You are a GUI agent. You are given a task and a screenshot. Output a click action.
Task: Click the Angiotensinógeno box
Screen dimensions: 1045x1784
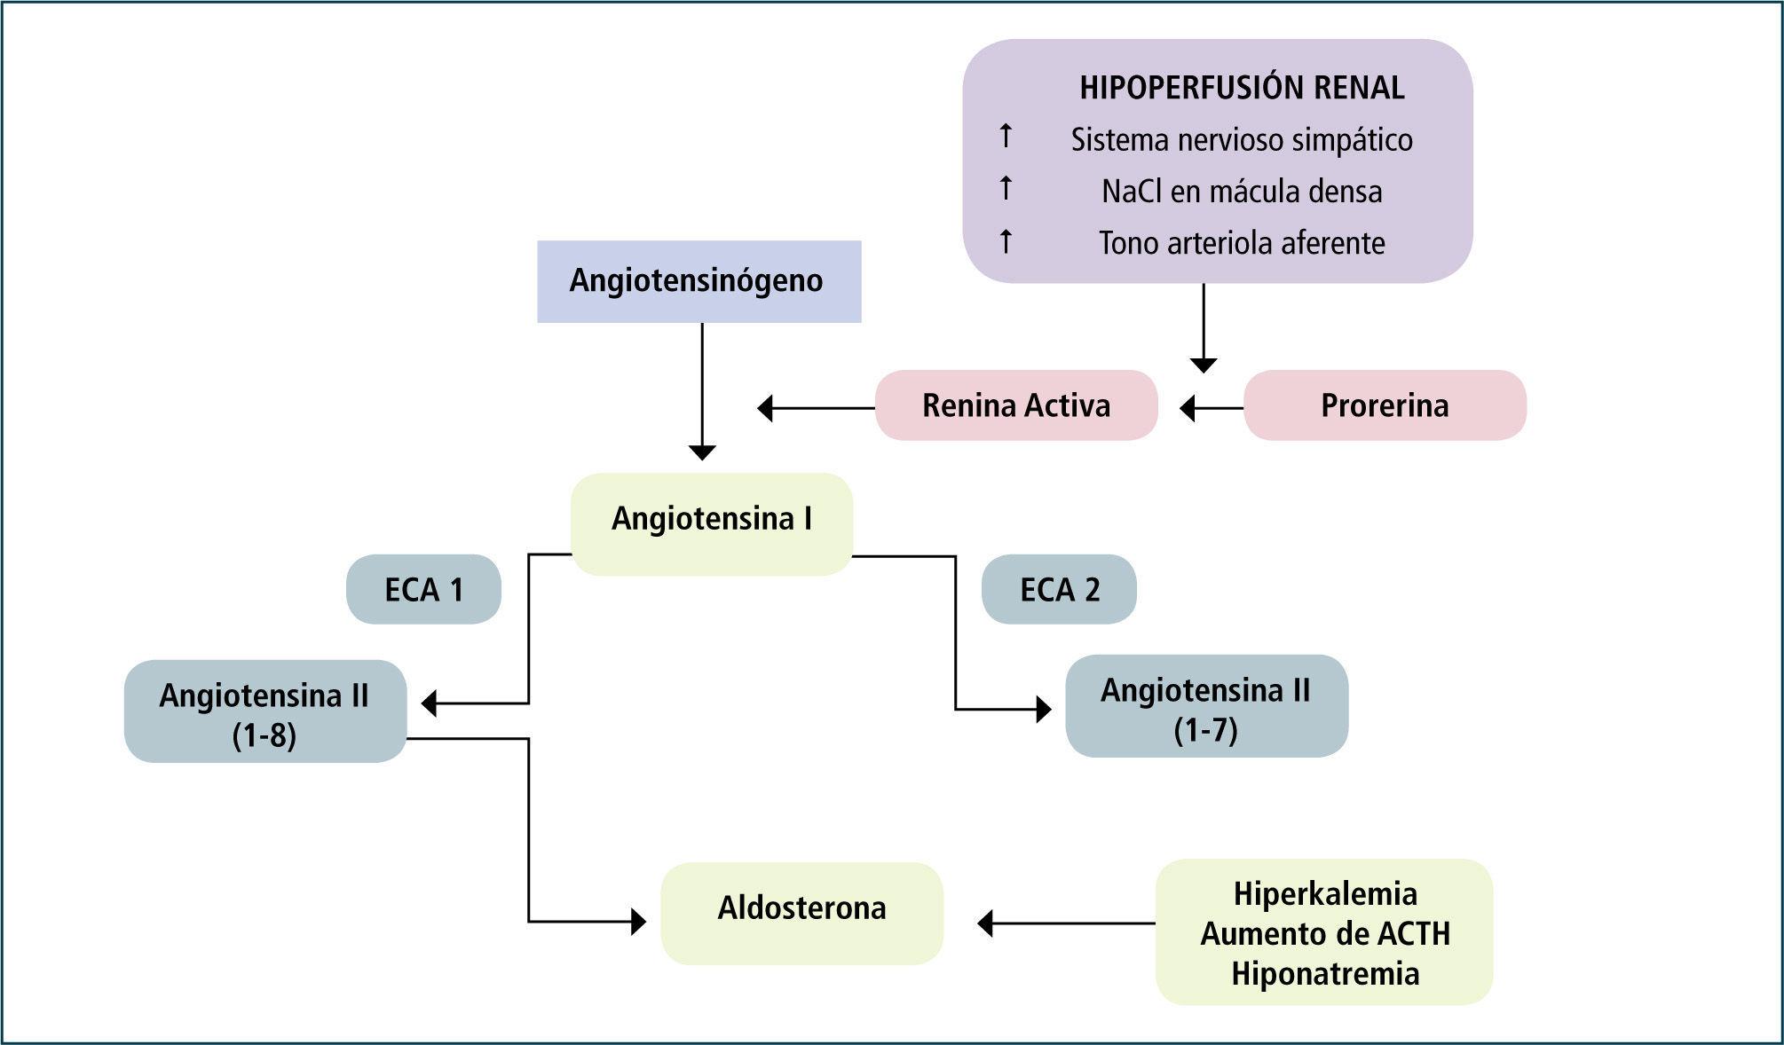pyautogui.click(x=699, y=281)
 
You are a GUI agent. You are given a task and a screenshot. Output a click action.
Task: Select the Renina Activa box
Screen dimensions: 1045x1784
pyautogui.click(x=1016, y=405)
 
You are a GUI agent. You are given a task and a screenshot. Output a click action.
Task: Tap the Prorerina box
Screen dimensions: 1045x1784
pyautogui.click(x=1385, y=405)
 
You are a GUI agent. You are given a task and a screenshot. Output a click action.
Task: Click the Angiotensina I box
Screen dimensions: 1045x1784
pyautogui.click(x=712, y=522)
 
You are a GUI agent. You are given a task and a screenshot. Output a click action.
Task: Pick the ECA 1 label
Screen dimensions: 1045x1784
pyautogui.click(x=423, y=590)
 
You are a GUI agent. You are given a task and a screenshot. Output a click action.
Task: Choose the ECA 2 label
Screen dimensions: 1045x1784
pyautogui.click(x=1059, y=590)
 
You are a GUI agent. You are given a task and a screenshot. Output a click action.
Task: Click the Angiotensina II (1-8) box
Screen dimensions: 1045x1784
pyautogui.click(x=264, y=711)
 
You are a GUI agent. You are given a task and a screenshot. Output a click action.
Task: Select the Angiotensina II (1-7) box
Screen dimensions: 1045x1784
pyautogui.click(x=1206, y=707)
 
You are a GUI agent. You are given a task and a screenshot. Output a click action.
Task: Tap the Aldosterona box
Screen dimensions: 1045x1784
pyautogui.click(x=801, y=912)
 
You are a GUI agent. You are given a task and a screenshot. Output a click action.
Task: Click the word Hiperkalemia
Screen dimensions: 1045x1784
pyautogui.click(x=1324, y=893)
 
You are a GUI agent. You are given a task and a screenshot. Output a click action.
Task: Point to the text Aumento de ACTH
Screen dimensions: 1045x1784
pyautogui.click(x=1324, y=933)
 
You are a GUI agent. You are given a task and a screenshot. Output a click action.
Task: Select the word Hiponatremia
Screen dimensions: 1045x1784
pyautogui.click(x=1324, y=973)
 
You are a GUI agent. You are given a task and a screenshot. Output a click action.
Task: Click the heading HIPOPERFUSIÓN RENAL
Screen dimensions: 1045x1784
pyautogui.click(x=1242, y=88)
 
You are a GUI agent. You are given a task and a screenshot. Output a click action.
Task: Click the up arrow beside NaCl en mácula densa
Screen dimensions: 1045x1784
pyautogui.click(x=1006, y=188)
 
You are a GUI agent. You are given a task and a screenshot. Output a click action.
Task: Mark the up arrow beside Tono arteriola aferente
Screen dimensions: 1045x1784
pyautogui.click(x=1006, y=240)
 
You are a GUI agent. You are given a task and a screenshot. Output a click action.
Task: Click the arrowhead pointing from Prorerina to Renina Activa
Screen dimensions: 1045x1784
pyautogui.click(x=1188, y=408)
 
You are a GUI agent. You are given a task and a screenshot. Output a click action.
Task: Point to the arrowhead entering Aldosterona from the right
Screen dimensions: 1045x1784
pyautogui.click(x=984, y=923)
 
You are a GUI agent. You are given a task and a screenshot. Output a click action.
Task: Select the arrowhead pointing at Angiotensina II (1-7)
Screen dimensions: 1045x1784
pyautogui.click(x=1044, y=710)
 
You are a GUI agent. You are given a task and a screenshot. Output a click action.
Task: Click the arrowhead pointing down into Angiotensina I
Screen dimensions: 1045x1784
pyautogui.click(x=702, y=453)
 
